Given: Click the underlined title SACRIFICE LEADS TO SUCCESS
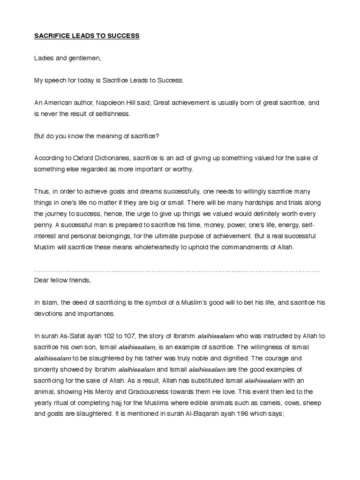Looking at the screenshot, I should (x=87, y=36).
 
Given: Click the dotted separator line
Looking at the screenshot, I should (x=177, y=271).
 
